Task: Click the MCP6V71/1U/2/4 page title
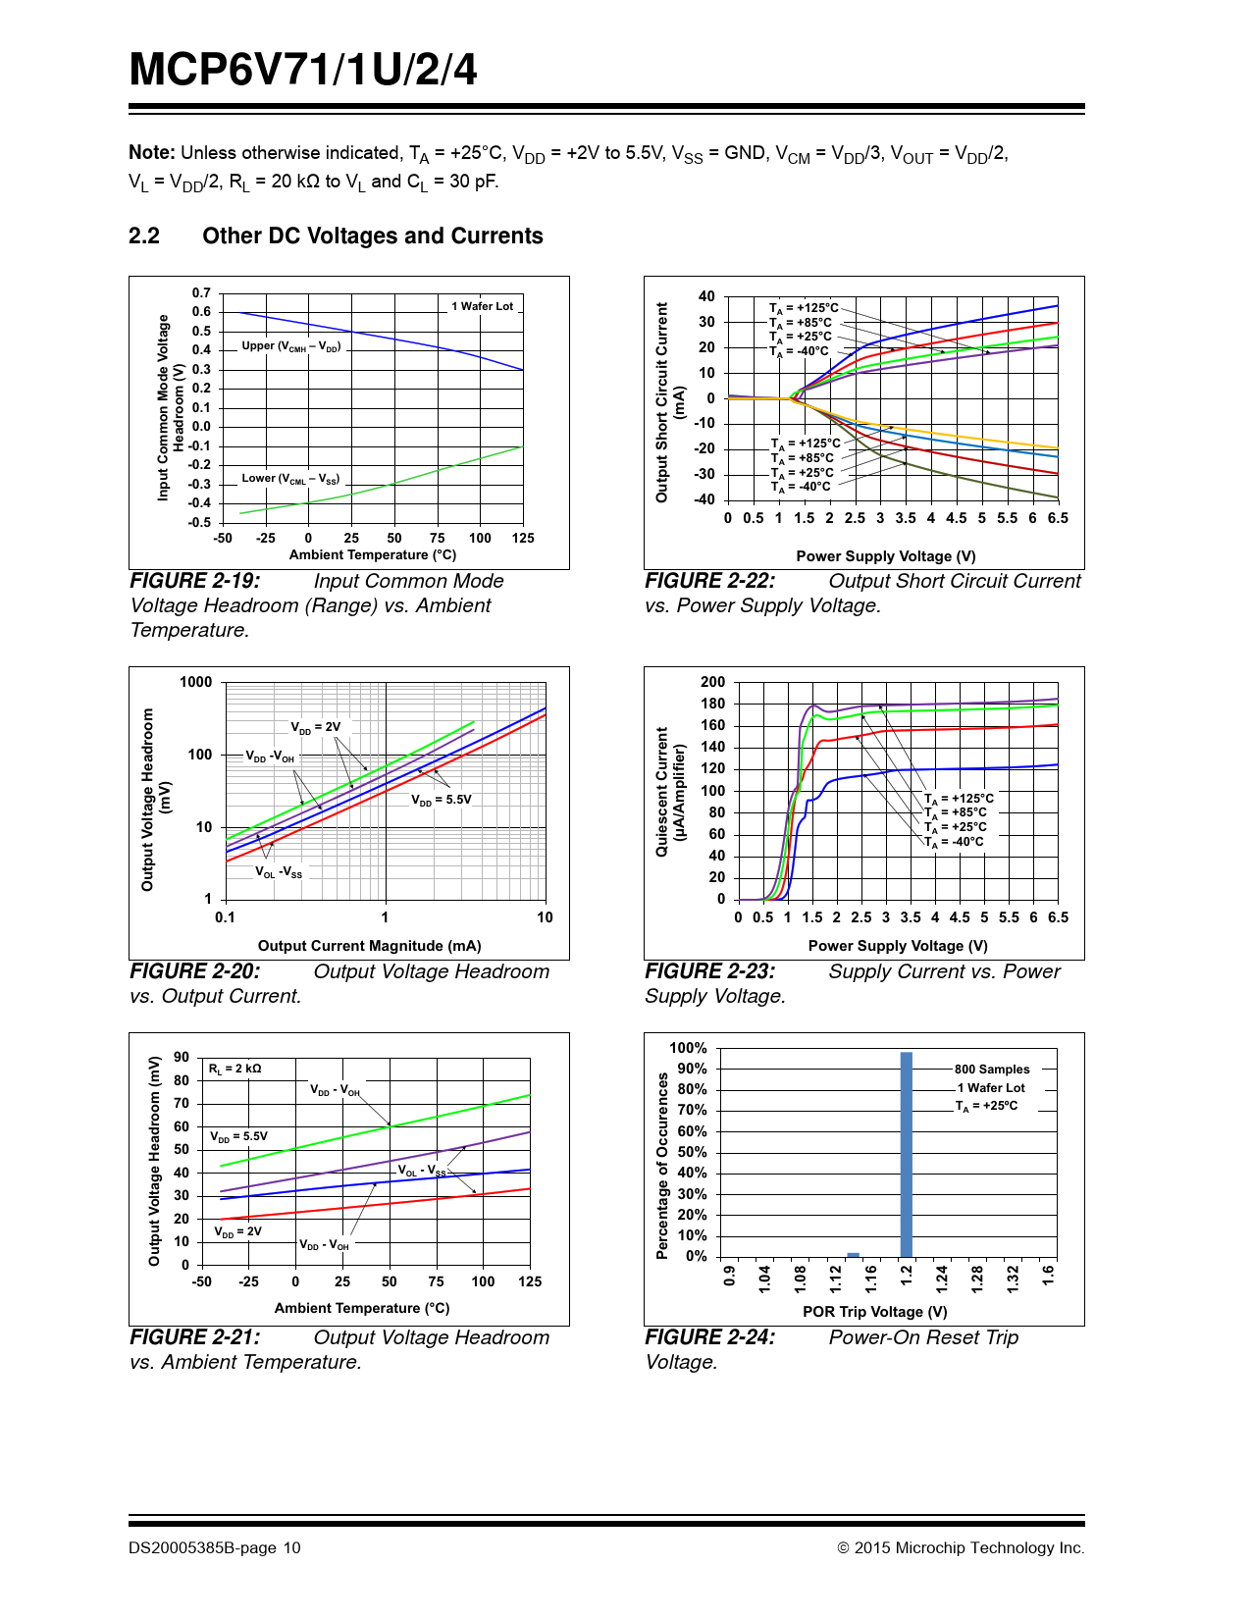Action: click(x=303, y=71)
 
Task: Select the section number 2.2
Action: click(x=144, y=236)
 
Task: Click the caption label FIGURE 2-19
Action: click(x=195, y=581)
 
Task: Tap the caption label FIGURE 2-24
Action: click(x=709, y=1337)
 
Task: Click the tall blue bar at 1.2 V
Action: click(x=906, y=1154)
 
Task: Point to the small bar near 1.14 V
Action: click(x=854, y=1254)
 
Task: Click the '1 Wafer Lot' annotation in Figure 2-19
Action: click(x=482, y=306)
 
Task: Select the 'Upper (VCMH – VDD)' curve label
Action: click(x=290, y=346)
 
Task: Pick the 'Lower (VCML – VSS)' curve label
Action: click(x=290, y=479)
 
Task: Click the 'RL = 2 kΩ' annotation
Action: click(x=235, y=1069)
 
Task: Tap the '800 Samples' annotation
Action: click(x=992, y=1070)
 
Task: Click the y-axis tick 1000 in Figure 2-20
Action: click(x=195, y=682)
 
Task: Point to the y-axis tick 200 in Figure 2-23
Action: click(x=713, y=682)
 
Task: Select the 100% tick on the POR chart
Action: click(x=688, y=1048)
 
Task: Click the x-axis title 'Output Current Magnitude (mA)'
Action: click(x=369, y=946)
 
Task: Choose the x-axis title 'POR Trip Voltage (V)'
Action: click(x=875, y=1312)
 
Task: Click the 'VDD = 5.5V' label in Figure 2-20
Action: click(x=442, y=800)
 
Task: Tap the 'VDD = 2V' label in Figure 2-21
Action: click(x=238, y=1231)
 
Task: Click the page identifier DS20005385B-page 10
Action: click(x=214, y=1548)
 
